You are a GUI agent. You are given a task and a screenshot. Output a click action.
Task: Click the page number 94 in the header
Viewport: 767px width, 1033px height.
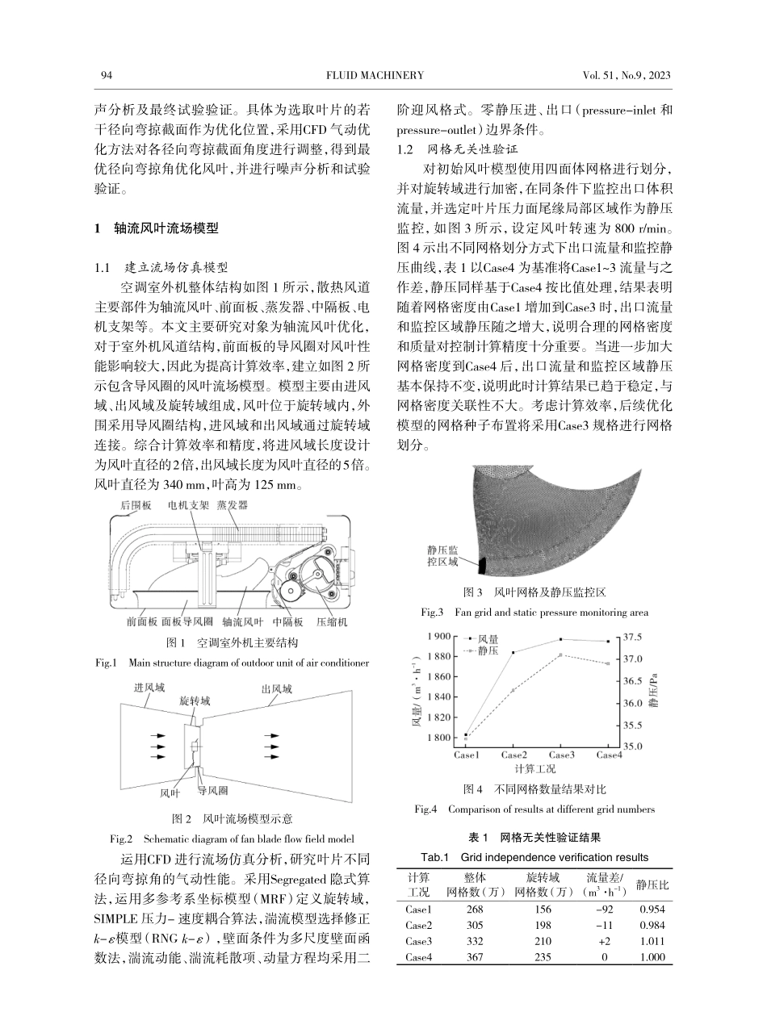(x=106, y=76)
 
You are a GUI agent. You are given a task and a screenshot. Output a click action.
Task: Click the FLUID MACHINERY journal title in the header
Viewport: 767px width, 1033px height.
(x=375, y=76)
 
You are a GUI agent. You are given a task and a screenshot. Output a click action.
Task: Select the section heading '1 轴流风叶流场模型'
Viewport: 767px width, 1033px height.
(x=157, y=228)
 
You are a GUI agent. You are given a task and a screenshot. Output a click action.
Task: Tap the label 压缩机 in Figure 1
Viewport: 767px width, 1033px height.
(x=331, y=622)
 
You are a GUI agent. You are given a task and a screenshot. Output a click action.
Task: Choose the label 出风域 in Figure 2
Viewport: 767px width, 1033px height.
(x=277, y=689)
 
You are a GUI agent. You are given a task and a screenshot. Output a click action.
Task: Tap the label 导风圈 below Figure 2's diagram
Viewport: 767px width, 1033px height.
(x=213, y=791)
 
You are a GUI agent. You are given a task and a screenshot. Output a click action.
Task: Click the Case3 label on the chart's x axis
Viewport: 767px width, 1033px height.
(x=561, y=755)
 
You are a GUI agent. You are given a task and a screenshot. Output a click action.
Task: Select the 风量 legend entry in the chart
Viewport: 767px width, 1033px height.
(x=488, y=639)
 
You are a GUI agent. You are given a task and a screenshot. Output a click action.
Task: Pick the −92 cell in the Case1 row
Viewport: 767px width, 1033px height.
(x=598, y=909)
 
